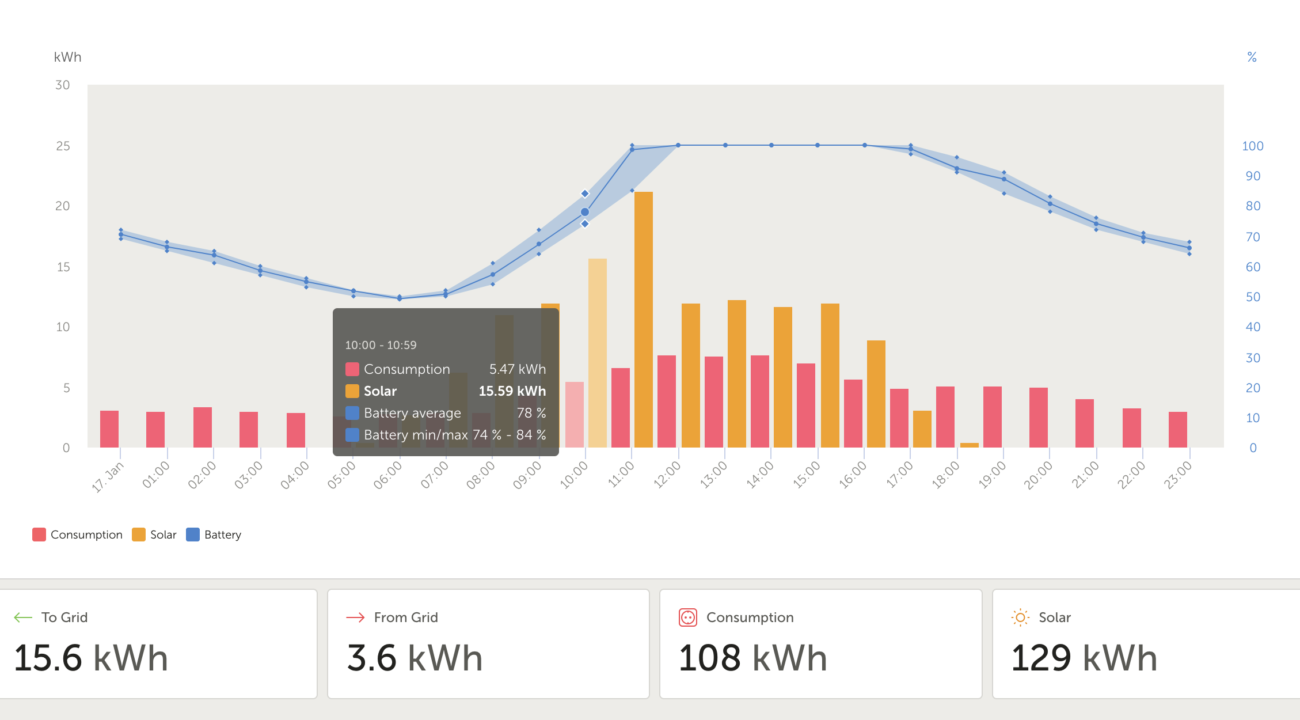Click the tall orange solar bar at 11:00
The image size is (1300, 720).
(x=643, y=319)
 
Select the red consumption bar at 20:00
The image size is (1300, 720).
(x=1038, y=417)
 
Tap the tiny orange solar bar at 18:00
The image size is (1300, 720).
(x=969, y=445)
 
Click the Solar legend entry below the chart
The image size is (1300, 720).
(x=154, y=535)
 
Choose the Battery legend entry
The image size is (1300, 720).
(x=214, y=535)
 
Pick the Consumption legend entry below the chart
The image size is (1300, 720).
(x=78, y=535)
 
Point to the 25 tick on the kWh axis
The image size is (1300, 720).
(x=63, y=146)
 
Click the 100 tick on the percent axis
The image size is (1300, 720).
(x=1252, y=146)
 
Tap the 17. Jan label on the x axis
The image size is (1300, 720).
(x=108, y=477)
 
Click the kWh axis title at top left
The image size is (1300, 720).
(x=67, y=57)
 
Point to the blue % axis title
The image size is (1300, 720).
(x=1252, y=57)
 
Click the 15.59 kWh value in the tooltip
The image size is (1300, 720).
(x=512, y=391)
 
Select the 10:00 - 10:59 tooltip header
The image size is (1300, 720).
(x=381, y=345)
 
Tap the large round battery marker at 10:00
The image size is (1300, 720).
(x=585, y=212)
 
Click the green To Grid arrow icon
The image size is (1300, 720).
(x=23, y=617)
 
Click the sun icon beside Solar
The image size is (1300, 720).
(x=1020, y=617)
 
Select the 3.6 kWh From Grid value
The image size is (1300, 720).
(x=415, y=658)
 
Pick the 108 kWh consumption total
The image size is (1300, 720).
(x=752, y=658)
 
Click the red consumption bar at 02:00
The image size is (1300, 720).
(x=203, y=427)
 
